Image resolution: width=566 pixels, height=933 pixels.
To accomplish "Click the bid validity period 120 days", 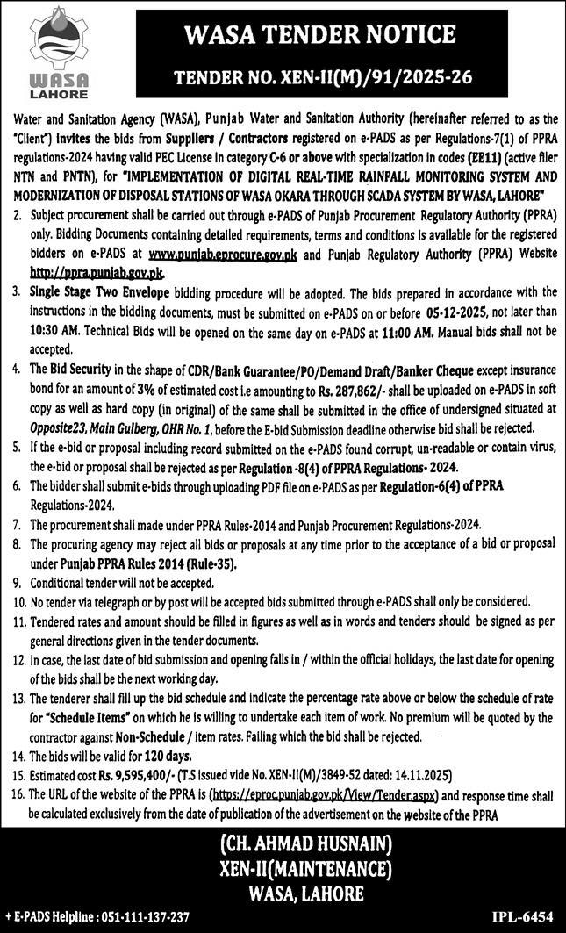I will (x=163, y=756).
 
